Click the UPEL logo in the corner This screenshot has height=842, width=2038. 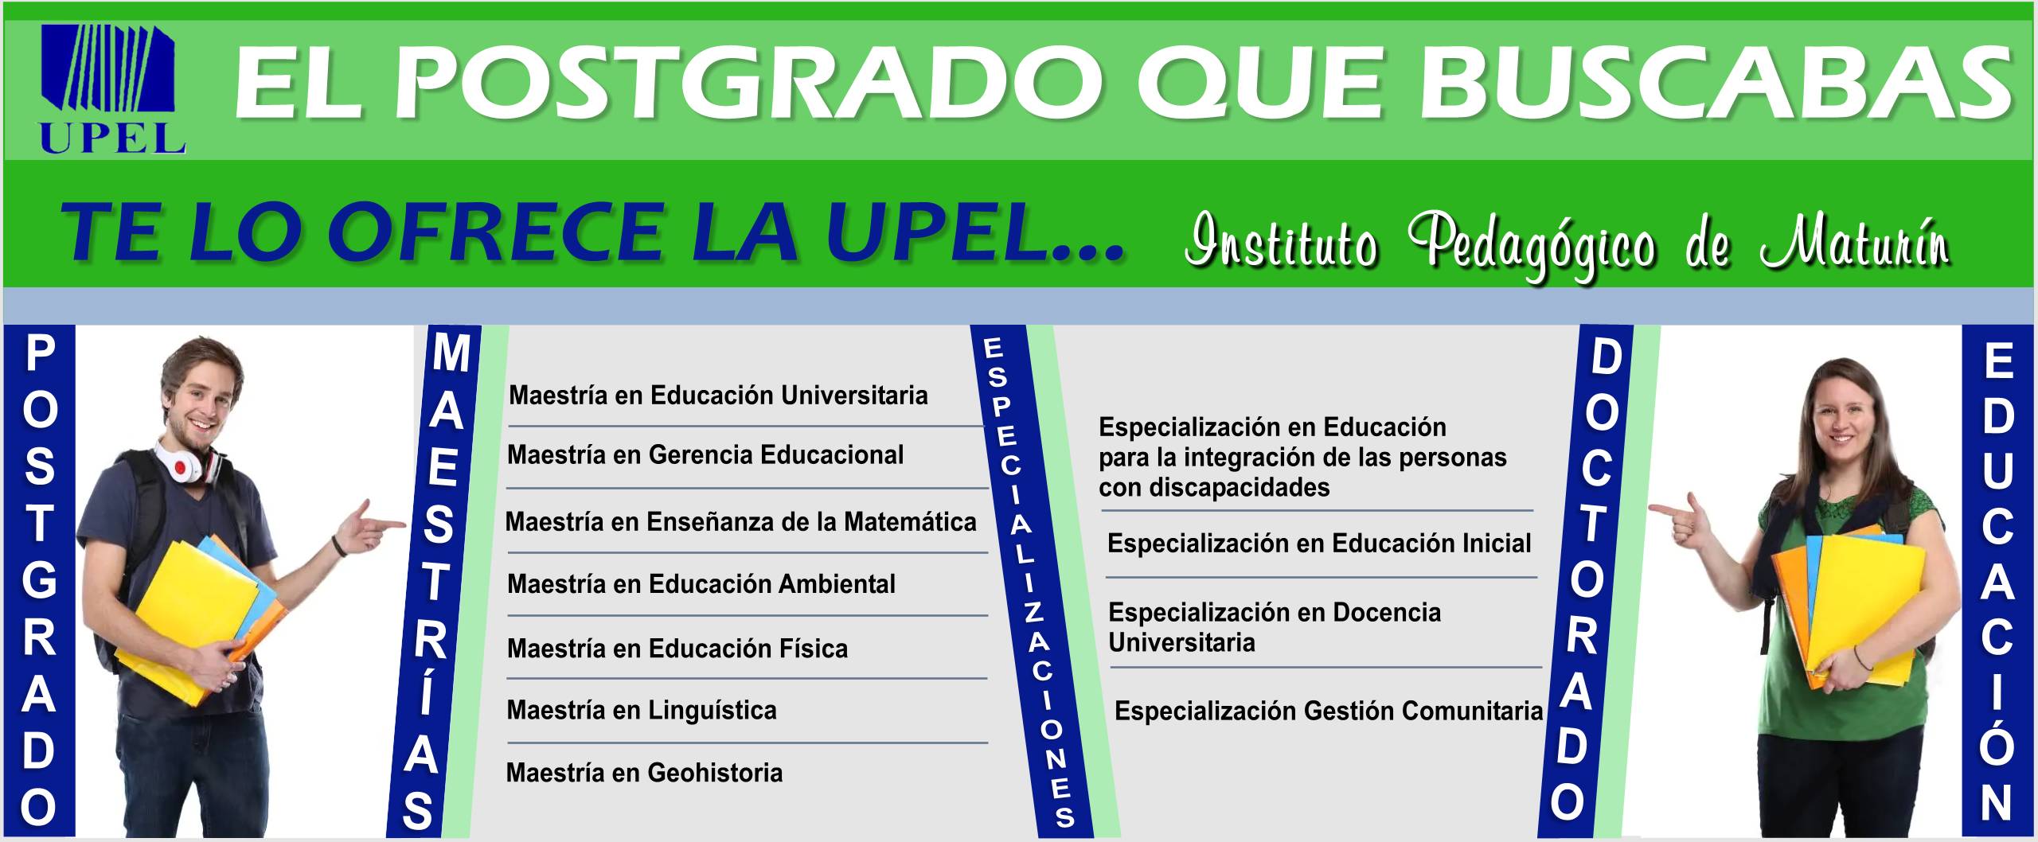[x=112, y=88]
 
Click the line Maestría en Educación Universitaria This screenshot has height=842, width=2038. [x=718, y=396]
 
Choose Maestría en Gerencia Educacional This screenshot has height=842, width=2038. [x=705, y=455]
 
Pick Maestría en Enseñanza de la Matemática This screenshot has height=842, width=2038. [x=740, y=522]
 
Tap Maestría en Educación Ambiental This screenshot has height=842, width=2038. [x=701, y=584]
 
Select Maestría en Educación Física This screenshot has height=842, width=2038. [x=677, y=649]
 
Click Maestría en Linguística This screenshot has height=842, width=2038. [x=642, y=710]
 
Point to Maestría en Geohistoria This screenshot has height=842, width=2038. [x=645, y=773]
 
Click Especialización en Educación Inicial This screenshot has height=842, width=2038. [x=1319, y=544]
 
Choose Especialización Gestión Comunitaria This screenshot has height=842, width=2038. [x=1329, y=711]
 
